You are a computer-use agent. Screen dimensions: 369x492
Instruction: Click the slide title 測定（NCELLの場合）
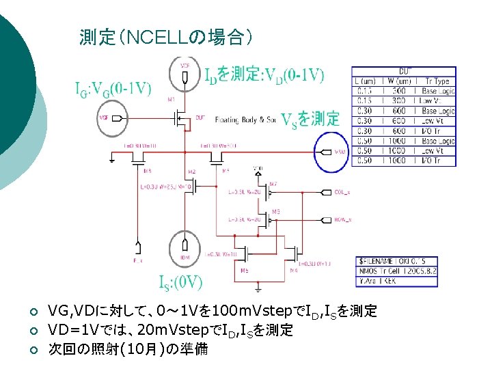point(167,37)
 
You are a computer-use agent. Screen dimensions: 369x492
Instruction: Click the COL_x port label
point(342,193)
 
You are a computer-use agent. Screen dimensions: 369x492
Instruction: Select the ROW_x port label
point(342,219)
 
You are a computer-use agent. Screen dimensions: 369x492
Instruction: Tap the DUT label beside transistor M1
point(200,118)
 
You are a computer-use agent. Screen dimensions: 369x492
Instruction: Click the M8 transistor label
point(148,171)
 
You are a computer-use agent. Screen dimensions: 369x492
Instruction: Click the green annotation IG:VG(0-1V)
point(113,90)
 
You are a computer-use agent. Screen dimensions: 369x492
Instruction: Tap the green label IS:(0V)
point(180,282)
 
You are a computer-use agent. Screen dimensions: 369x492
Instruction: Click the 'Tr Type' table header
point(437,81)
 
